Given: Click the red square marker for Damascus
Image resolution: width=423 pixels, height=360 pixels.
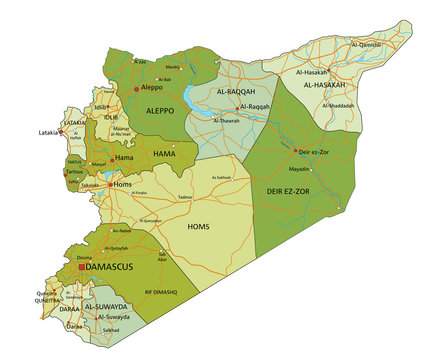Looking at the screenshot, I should (81, 268).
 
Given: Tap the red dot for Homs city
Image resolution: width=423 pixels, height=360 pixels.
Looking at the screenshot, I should (112, 184).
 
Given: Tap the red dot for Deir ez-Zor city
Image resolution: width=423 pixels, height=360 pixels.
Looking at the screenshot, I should (298, 152).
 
